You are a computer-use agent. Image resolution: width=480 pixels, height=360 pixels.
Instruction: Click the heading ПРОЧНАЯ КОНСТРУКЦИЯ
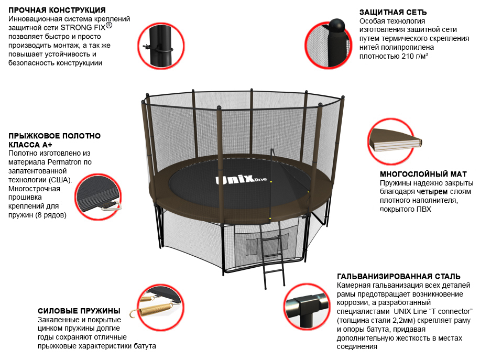pos(57,10)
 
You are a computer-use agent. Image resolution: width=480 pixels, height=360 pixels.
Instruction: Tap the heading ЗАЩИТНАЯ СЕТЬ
pos(393,12)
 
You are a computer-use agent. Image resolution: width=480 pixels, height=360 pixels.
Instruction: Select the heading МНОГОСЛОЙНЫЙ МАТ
pos(423,174)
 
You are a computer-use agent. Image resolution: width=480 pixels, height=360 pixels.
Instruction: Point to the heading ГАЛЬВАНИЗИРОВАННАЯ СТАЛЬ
pos(399,276)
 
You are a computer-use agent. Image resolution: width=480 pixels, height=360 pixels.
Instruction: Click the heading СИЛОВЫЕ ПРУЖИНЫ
pos(79,311)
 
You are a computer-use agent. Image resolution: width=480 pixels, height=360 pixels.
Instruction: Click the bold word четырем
pos(432,192)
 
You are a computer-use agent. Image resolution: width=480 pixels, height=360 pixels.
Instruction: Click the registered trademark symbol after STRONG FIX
pos(108,25)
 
